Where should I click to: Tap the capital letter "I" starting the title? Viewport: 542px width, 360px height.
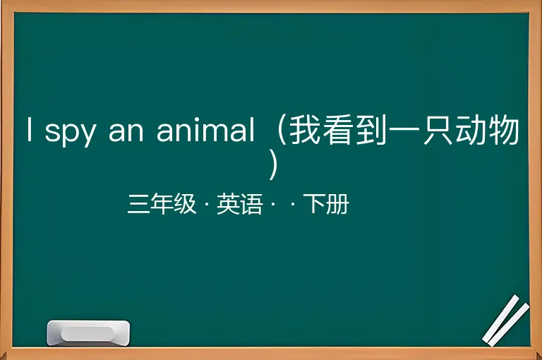(x=30, y=129)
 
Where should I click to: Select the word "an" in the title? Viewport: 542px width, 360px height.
(x=126, y=131)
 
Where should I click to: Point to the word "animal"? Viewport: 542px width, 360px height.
(x=205, y=129)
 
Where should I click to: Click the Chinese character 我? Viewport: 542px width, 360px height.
(x=304, y=130)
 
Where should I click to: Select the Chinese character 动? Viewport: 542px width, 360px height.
(x=469, y=130)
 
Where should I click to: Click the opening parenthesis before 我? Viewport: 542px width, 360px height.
(x=282, y=130)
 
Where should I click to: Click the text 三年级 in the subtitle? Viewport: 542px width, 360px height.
(x=162, y=204)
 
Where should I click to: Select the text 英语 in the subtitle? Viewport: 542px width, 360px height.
(x=239, y=204)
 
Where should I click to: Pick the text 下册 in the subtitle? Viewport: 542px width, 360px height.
(x=326, y=204)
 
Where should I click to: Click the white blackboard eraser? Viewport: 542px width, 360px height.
(x=88, y=332)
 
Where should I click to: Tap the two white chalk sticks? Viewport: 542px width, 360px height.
(x=506, y=320)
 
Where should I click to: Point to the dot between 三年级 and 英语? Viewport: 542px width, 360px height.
(x=207, y=205)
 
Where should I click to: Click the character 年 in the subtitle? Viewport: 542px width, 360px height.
(x=162, y=204)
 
